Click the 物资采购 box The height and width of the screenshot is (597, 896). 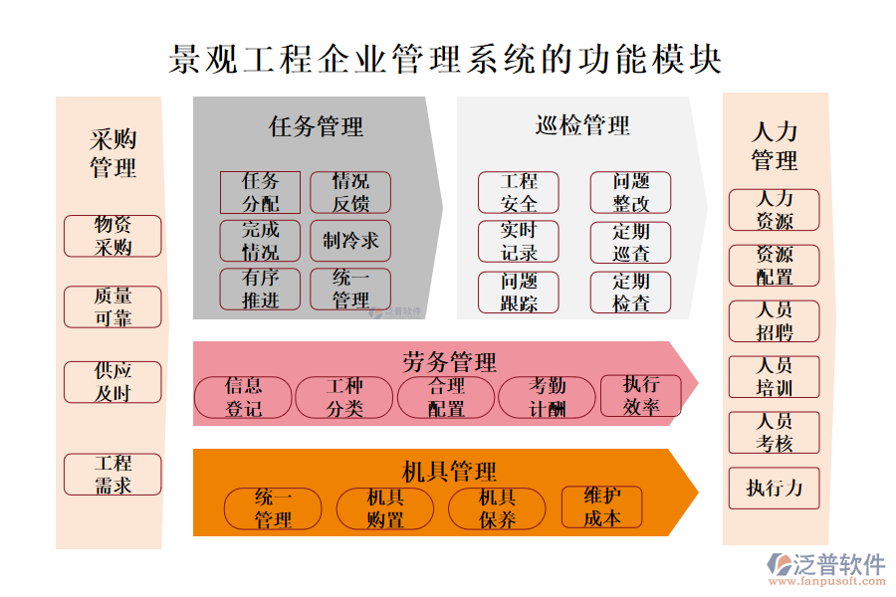112,236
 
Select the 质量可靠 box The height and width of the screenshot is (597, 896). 112,307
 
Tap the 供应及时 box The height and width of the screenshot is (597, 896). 112,382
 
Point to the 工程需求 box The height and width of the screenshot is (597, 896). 112,475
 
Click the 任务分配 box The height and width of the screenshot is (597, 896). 260,192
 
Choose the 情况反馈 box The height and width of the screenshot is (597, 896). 350,192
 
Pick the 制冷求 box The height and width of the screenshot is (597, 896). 350,241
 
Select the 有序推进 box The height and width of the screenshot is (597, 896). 260,289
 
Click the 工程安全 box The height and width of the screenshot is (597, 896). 519,192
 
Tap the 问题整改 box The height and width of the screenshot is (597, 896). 630,192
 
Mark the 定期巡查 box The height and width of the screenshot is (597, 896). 630,242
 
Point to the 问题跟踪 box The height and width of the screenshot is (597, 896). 519,293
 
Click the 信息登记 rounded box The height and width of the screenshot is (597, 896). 243,396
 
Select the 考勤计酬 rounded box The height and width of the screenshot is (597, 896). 547,396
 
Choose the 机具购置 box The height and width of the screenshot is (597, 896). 384,507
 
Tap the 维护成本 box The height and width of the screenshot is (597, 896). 601,507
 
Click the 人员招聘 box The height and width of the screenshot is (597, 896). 775,321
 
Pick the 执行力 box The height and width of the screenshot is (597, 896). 775,489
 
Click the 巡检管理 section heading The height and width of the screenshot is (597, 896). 582,126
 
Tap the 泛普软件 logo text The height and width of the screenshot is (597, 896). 837,564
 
